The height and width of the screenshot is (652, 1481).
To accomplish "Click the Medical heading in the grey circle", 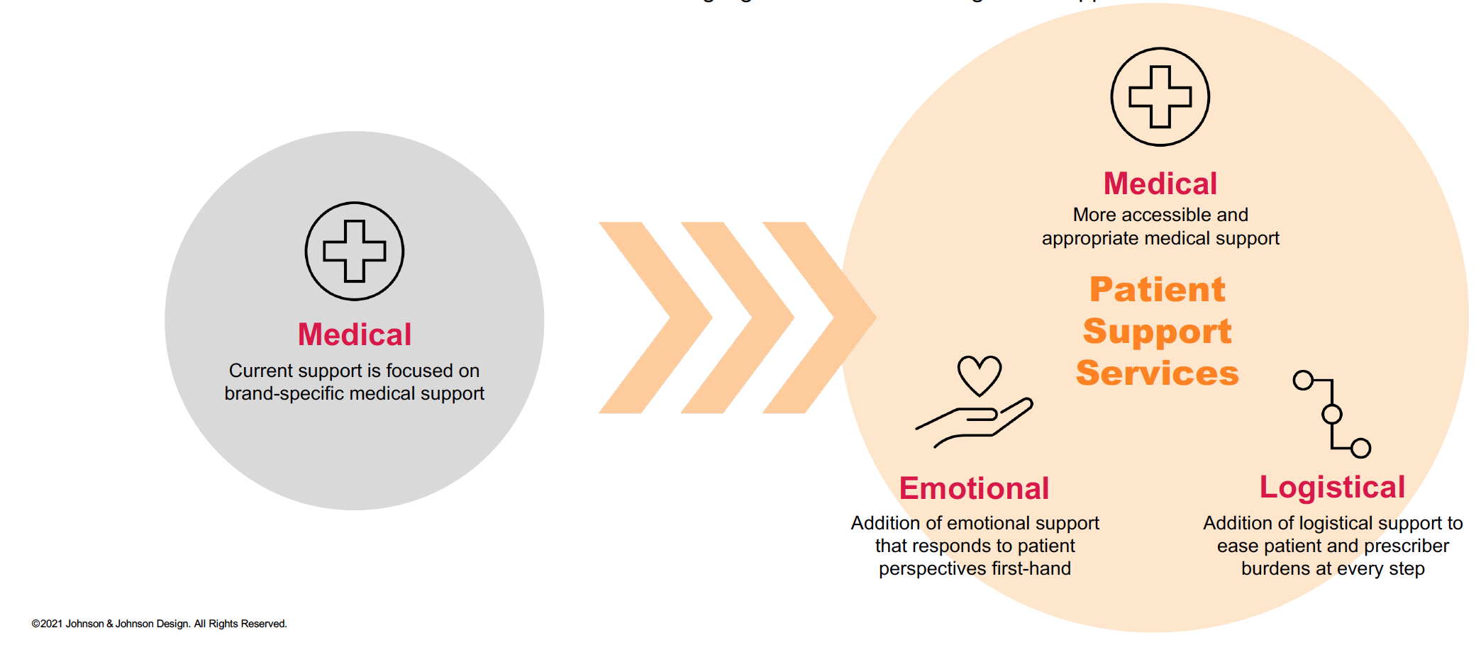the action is click(x=354, y=335).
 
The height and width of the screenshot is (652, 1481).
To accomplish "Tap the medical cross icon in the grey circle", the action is click(x=355, y=251).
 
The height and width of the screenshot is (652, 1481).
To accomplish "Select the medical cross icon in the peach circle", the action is click(x=1160, y=97).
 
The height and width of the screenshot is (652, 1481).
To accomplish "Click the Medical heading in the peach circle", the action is click(x=1160, y=184).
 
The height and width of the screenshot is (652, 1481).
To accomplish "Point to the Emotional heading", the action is click(x=974, y=488).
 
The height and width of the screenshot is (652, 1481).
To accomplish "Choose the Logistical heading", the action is click(x=1332, y=487).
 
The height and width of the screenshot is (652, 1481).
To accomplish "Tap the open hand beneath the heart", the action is click(x=975, y=423).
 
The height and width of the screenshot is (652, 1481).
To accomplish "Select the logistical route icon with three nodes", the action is click(x=1331, y=414).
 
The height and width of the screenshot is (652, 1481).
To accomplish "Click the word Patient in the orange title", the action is click(x=1158, y=289).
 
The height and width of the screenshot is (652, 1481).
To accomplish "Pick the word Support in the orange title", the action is click(x=1157, y=331).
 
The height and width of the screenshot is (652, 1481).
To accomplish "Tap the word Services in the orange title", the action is click(x=1157, y=373).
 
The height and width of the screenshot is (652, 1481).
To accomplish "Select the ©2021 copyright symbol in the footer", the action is click(x=35, y=624).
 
